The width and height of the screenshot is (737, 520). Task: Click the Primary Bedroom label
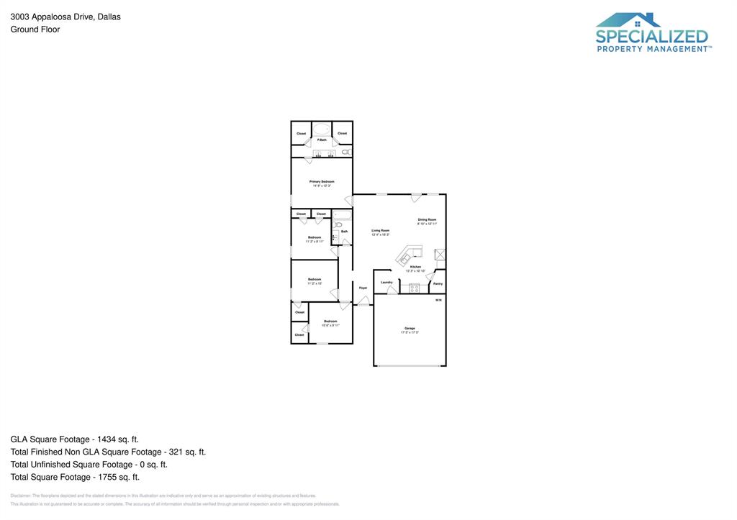[322, 181]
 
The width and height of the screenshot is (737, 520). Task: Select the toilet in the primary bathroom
[346, 152]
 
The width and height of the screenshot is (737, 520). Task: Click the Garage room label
[410, 329]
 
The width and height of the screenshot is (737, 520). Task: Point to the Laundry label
[386, 282]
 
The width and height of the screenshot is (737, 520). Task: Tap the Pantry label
[438, 283]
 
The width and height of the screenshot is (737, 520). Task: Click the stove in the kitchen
[415, 288]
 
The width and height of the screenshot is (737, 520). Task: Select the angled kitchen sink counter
[408, 255]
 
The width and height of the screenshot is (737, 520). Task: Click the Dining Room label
[427, 219]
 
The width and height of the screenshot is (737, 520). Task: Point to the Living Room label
[380, 230]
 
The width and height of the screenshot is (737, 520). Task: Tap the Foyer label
[363, 288]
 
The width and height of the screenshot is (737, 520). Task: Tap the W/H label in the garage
[438, 300]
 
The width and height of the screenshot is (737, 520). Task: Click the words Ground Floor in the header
[35, 29]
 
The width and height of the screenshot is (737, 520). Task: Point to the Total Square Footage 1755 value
[116, 477]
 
